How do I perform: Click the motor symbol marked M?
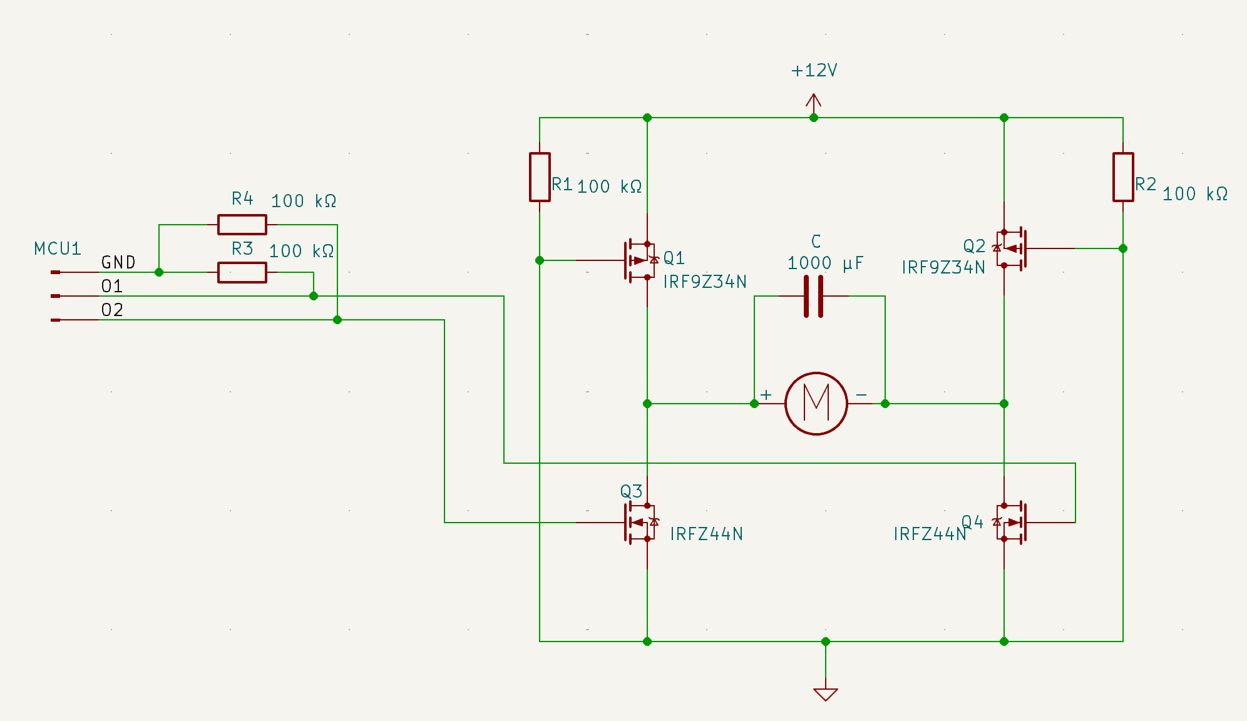[816, 404]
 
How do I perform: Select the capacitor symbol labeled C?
[813, 296]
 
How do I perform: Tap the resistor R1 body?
[540, 177]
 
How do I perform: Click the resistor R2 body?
[1123, 177]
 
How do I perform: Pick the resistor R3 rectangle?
[242, 272]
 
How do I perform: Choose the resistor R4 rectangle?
[242, 224]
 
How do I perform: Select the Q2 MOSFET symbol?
[1011, 248]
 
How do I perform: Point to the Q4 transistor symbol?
[1011, 522]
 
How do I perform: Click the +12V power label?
[814, 71]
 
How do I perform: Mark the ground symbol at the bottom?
[826, 693]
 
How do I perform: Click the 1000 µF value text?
[825, 263]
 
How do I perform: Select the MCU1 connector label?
[58, 249]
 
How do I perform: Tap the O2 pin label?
[112, 310]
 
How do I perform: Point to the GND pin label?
[118, 262]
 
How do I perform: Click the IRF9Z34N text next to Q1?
[705, 282]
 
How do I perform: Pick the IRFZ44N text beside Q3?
[706, 534]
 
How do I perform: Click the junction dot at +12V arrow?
[814, 118]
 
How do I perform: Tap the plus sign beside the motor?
[766, 395]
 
